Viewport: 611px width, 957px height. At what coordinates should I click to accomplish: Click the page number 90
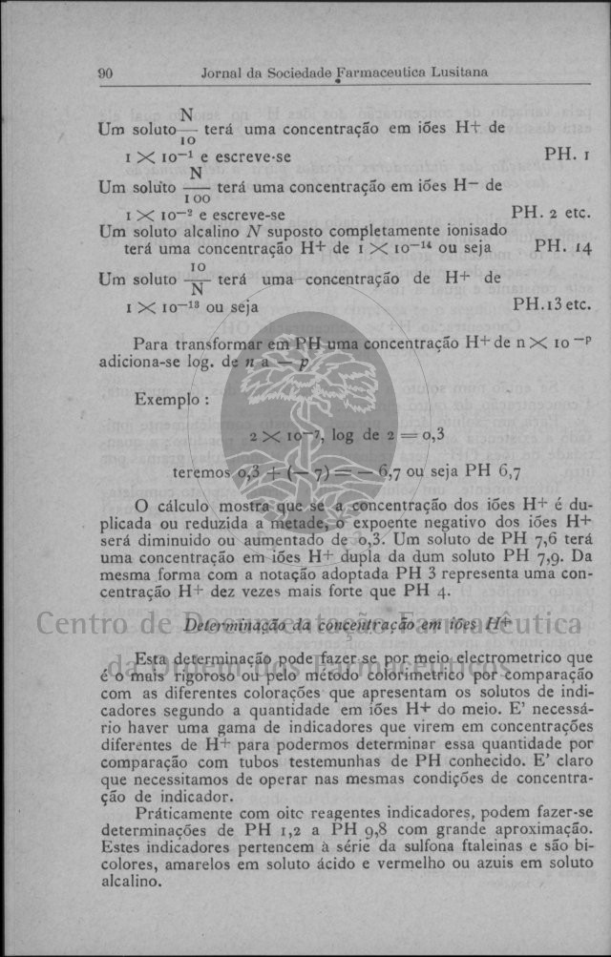tap(106, 73)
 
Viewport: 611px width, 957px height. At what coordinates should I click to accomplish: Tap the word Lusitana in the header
tap(460, 73)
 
